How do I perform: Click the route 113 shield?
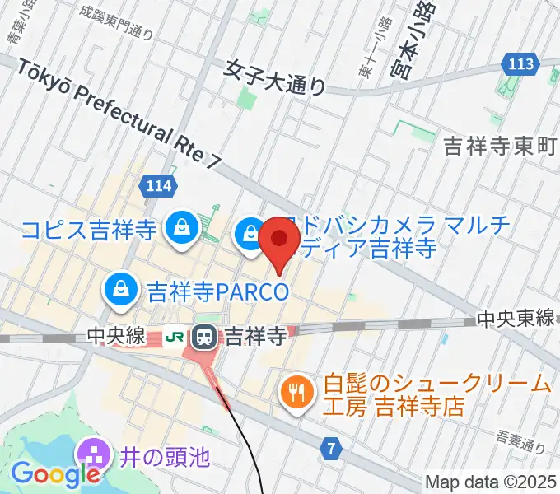tap(521, 63)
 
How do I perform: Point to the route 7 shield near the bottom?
tap(331, 449)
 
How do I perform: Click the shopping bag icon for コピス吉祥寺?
tap(179, 226)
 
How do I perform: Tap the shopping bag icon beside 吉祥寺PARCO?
tap(121, 288)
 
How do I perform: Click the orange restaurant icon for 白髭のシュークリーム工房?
tap(295, 390)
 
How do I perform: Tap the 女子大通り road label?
tap(275, 76)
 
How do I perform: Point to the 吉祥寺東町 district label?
tap(501, 146)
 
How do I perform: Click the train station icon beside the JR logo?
tap(203, 336)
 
